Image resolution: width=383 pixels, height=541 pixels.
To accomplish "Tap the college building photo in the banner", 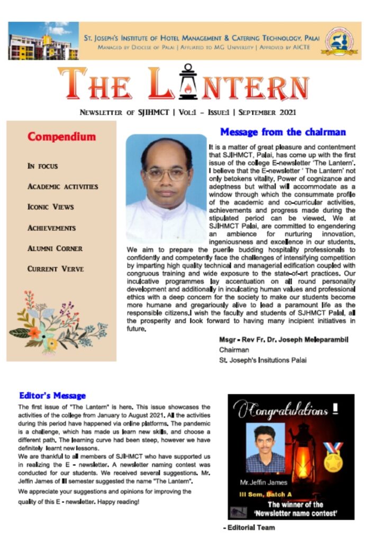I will click(43, 41).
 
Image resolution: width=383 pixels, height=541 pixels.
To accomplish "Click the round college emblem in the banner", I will click(342, 41).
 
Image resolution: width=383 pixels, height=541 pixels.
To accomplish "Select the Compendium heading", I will click(62, 137).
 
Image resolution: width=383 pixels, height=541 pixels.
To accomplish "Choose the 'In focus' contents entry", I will click(43, 166).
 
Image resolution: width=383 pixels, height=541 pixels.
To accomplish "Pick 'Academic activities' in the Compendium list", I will click(62, 186).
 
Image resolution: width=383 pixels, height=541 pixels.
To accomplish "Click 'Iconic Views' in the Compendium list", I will click(51, 207).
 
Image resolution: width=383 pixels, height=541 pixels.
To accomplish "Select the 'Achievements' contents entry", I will click(52, 228).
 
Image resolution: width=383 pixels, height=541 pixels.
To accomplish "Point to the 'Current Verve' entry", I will click(56, 269).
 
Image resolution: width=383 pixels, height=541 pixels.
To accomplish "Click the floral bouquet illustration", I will click(57, 323).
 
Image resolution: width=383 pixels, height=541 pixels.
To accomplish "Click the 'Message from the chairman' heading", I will click(282, 132).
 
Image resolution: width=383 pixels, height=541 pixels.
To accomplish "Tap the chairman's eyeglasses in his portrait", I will click(166, 173).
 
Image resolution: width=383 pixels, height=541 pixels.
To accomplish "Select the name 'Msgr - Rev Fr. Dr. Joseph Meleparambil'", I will click(284, 339).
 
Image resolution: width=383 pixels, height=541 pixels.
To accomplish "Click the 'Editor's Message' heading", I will click(52, 395).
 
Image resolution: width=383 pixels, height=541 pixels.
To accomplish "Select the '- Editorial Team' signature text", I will click(249, 527).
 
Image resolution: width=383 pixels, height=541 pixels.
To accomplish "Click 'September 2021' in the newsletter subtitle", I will click(267, 112).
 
